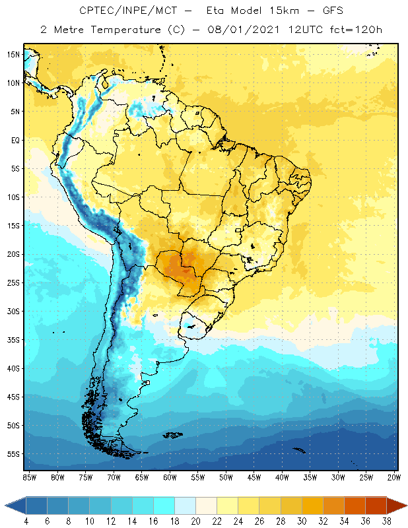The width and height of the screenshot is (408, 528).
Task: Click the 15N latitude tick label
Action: (14, 54)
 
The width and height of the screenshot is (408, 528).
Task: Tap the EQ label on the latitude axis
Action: (14, 140)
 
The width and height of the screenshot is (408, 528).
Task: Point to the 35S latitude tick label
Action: (14, 340)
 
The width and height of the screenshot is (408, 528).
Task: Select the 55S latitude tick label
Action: (14, 454)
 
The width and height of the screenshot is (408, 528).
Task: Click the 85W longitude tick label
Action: (30, 477)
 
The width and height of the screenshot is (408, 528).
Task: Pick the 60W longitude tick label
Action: (170, 477)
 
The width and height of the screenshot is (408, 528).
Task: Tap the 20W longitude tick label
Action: (393, 477)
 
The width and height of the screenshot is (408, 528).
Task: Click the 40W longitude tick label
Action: (282, 477)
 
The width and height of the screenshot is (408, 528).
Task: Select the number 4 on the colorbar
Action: (26, 521)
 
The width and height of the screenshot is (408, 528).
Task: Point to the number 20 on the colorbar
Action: (196, 521)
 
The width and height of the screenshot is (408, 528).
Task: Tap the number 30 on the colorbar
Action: (302, 521)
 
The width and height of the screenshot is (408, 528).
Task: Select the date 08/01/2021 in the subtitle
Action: (245, 29)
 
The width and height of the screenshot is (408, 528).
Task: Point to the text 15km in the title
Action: (274, 11)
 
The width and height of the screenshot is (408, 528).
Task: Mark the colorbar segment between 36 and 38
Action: (376, 506)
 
